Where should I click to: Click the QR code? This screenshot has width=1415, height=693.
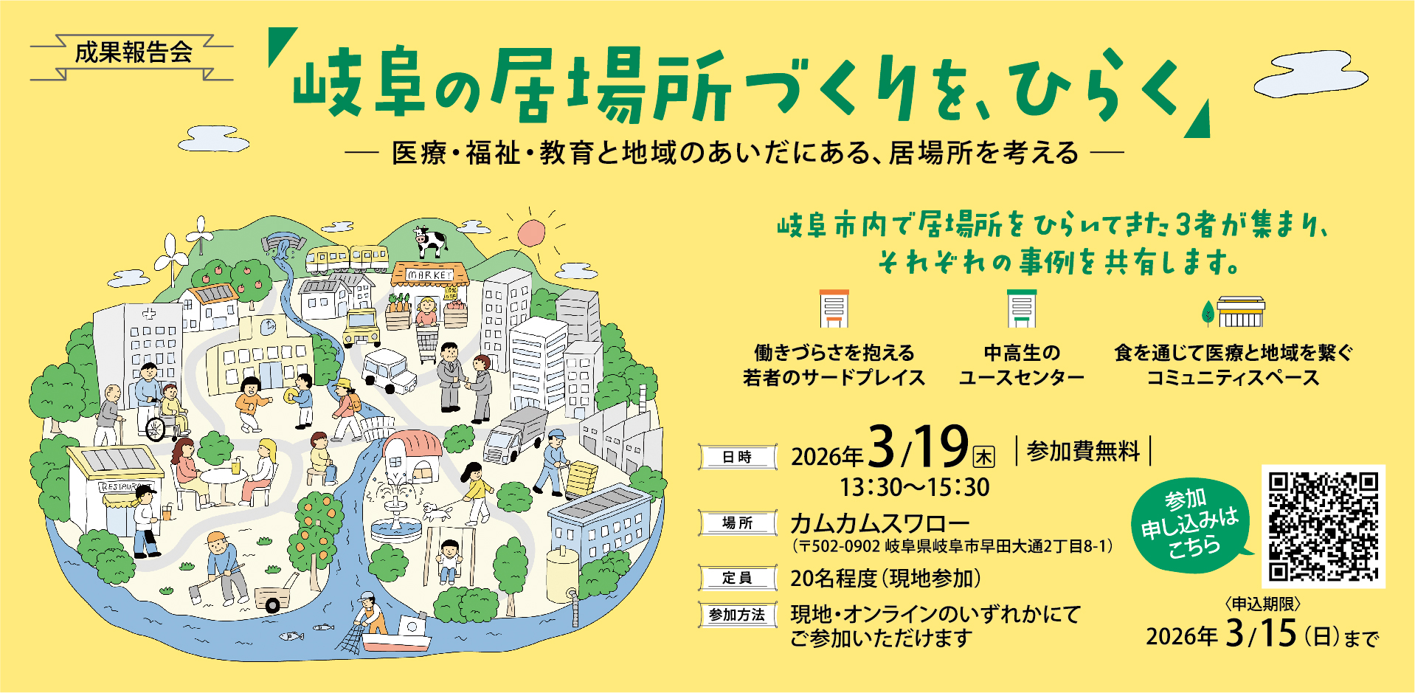coord(1323,526)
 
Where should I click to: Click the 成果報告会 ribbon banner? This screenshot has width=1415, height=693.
coord(133,53)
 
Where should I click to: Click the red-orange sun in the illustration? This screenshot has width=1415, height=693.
coord(530,232)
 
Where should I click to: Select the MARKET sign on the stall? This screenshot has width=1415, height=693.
coord(430,275)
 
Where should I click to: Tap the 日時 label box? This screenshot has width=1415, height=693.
coord(737,457)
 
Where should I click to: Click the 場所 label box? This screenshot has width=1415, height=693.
coord(737,523)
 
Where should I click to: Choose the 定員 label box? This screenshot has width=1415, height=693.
coord(737,578)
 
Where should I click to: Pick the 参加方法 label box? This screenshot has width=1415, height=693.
coord(737,615)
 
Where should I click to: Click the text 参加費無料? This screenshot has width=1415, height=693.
coord(1083,451)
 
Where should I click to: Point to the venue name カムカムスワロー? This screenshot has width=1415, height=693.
coord(879,523)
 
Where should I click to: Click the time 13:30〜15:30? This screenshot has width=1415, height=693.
coord(915,487)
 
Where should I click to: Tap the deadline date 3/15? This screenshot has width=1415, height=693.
coord(1261,633)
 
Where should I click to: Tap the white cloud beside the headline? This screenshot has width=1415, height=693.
coord(1310,76)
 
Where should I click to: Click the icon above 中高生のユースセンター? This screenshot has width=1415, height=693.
coord(1022,308)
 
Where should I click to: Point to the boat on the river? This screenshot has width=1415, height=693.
coord(397,635)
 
